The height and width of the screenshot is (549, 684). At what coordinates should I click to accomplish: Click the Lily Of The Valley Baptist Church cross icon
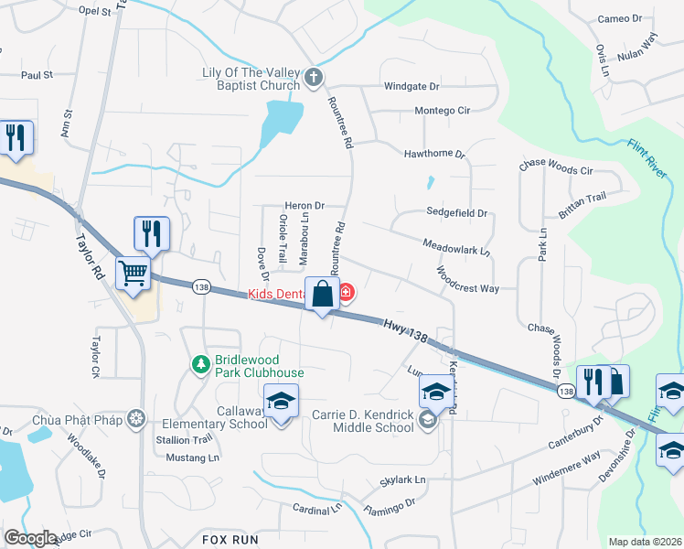click(314, 77)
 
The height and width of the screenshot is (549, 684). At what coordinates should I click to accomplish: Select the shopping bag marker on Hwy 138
click(322, 295)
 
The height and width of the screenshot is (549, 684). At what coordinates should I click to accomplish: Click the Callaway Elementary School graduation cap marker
click(281, 401)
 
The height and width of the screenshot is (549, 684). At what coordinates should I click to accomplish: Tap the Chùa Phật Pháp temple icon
click(137, 419)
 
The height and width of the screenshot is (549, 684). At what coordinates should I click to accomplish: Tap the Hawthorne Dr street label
click(435, 155)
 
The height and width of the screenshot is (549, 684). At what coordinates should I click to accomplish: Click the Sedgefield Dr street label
click(456, 212)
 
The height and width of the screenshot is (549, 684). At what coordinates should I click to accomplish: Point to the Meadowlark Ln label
click(456, 246)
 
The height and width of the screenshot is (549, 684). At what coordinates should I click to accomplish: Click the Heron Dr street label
click(305, 206)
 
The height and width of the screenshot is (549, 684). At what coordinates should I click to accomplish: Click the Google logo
click(29, 537)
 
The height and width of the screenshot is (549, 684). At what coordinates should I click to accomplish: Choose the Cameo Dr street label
click(626, 18)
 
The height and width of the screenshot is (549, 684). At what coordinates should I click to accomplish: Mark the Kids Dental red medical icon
click(346, 294)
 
